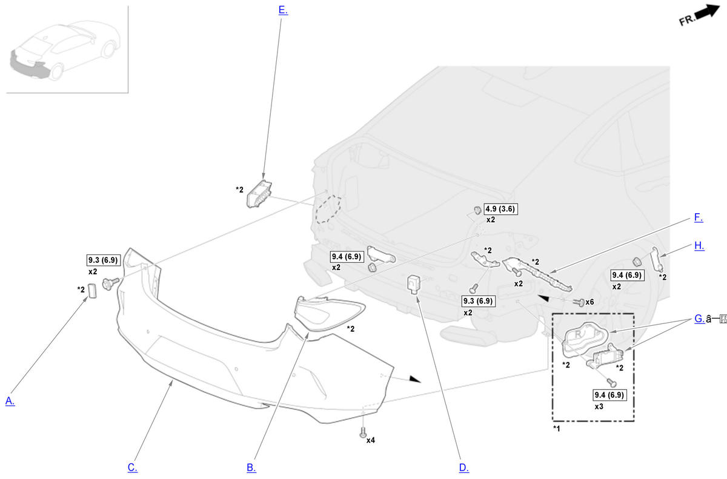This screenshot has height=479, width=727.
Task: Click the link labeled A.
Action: [10, 401]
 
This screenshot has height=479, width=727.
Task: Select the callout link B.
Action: [251, 467]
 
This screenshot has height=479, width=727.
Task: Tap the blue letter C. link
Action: [133, 467]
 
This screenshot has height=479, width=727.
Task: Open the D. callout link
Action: [464, 467]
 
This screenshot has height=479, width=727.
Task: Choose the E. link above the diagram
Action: [283, 10]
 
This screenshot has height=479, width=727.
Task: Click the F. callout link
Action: [699, 217]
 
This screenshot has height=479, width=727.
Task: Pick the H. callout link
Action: [699, 245]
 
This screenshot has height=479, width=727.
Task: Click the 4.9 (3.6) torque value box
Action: [500, 209]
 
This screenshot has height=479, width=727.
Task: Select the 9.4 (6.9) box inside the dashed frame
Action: [609, 395]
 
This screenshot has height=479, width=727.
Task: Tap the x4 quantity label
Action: [371, 440]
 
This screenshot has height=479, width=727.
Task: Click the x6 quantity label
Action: [589, 302]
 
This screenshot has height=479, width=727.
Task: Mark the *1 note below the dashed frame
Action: [557, 428]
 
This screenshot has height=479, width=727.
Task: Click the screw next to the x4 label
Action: [363, 432]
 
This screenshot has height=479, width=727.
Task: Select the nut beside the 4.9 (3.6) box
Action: [477, 210]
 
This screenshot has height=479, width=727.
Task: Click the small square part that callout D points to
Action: [413, 285]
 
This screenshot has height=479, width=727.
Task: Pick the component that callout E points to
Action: [259, 194]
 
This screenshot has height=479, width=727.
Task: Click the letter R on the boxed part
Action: [578, 335]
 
